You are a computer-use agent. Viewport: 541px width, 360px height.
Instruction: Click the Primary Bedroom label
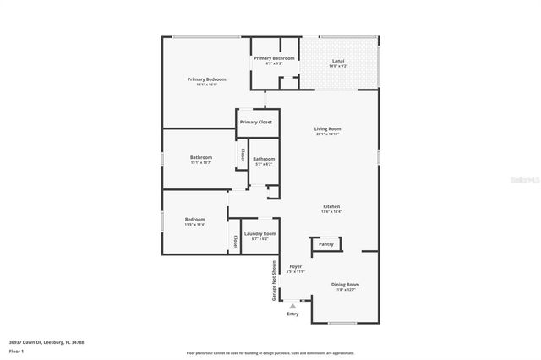pyautogui.click(x=206, y=79)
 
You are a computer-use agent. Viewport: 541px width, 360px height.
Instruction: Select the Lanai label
pyautogui.click(x=338, y=61)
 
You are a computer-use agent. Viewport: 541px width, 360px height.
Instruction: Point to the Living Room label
pyautogui.click(x=328, y=129)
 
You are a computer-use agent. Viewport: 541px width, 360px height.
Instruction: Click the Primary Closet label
pyautogui.click(x=255, y=123)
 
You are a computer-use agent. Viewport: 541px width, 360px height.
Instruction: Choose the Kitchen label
pyautogui.click(x=331, y=207)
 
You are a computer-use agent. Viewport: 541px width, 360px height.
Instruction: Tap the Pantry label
pyautogui.click(x=326, y=244)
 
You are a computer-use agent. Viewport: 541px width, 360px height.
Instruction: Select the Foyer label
pyautogui.click(x=295, y=266)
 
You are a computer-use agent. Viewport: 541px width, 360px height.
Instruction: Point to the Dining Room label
pyautogui.click(x=345, y=284)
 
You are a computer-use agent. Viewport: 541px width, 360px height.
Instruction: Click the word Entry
pyautogui.click(x=292, y=314)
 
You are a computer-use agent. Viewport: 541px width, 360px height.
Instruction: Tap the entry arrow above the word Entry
pyautogui.click(x=292, y=306)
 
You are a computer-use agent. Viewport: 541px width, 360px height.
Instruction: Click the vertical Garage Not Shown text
pyautogui.click(x=274, y=281)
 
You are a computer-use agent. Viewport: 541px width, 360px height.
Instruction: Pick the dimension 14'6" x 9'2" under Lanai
pyautogui.click(x=338, y=66)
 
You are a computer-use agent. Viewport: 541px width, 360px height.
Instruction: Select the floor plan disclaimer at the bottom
pyautogui.click(x=270, y=353)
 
